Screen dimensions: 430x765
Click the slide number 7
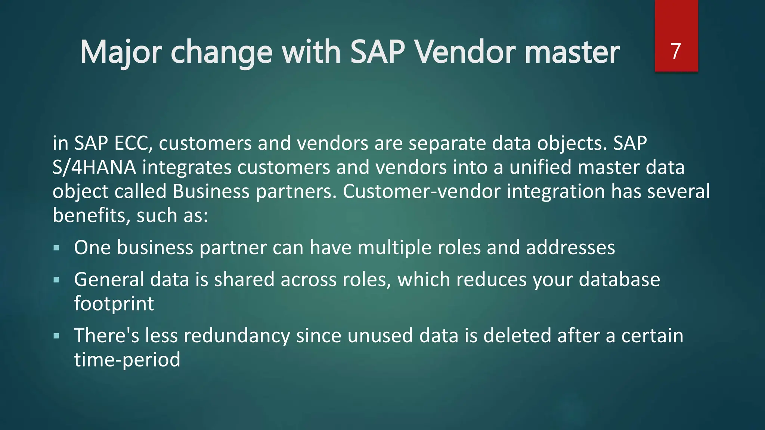pos(676,51)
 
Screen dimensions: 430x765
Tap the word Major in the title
pos(121,52)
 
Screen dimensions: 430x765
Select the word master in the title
pos(572,52)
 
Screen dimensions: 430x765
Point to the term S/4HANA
pos(94,167)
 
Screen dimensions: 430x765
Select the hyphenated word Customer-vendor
pos(421,191)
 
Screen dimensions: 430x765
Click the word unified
pos(541,167)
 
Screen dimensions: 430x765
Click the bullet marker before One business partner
pos(56,248)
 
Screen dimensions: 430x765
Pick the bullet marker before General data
pos(56,280)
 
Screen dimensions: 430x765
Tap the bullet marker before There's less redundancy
pos(56,336)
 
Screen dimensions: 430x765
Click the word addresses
pos(570,247)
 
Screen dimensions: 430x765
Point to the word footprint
pos(114,303)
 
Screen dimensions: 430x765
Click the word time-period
pos(127,360)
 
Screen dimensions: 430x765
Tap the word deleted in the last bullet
pos(517,336)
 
